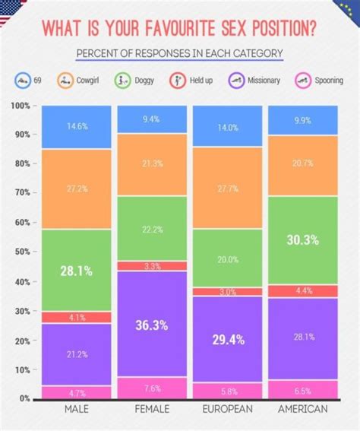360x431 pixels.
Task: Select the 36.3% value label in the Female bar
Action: click(151, 324)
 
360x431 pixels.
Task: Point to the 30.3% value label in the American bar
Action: click(302, 239)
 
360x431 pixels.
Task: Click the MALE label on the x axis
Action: click(75, 409)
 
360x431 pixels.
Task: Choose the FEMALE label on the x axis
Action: click(151, 409)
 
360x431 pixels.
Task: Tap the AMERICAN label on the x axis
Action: click(302, 409)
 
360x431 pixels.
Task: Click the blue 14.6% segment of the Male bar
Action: click(75, 127)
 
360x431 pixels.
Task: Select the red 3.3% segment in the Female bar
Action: click(151, 266)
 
